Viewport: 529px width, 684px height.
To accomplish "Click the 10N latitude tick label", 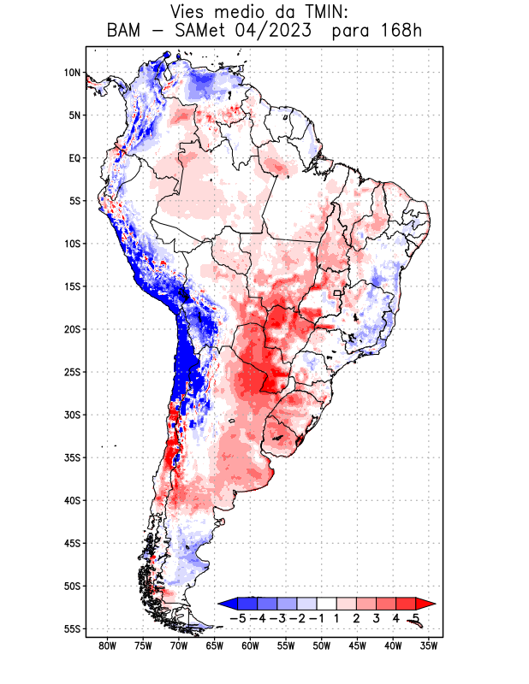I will click(72, 73).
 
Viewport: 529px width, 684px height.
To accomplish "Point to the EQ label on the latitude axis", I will click(74, 158).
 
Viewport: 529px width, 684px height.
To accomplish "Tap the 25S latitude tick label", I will click(72, 372).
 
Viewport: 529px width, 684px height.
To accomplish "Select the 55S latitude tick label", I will click(72, 628).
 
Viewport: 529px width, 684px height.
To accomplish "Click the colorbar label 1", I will click(337, 617).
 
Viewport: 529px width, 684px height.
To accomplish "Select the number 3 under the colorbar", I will click(377, 617).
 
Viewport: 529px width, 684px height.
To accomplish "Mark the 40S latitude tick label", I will click(72, 500).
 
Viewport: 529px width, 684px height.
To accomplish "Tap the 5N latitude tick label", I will click(74, 115).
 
